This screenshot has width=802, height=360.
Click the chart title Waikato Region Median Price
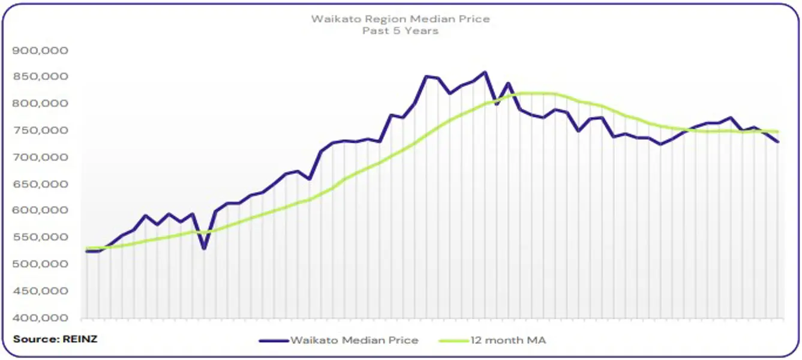[x=400, y=19]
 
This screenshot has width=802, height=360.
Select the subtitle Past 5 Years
[x=400, y=30]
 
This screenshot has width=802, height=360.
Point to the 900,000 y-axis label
[x=40, y=50]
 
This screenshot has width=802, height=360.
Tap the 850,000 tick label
[x=40, y=77]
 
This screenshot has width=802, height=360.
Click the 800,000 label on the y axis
[x=40, y=104]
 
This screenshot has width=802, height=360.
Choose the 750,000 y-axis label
[x=40, y=131]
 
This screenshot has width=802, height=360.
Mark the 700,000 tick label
[x=40, y=157]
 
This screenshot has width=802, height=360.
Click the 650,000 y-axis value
[x=40, y=184]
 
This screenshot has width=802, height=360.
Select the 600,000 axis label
[x=40, y=211]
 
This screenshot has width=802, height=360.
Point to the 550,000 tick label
[x=40, y=238]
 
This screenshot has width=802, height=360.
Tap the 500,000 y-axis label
[x=40, y=265]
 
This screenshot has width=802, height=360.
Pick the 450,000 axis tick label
[x=40, y=291]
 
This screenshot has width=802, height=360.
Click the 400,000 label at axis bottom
[x=40, y=318]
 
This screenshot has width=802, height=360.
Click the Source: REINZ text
[x=55, y=339]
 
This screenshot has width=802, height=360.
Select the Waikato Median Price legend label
[x=354, y=340]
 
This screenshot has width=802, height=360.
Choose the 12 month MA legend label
[x=508, y=340]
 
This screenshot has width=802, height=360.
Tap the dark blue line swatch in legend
[x=274, y=340]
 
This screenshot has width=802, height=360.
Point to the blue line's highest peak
[x=485, y=73]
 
